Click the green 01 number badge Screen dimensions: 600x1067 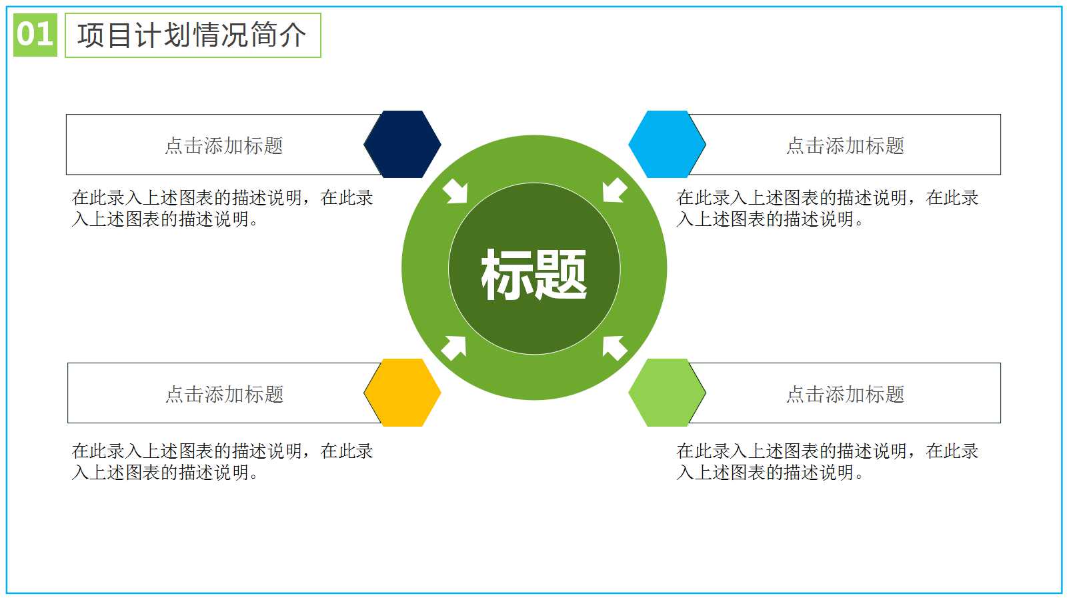tap(35, 35)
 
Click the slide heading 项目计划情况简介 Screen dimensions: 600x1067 tap(192, 35)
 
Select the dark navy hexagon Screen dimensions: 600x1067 tap(402, 144)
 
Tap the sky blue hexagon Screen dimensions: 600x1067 tap(667, 144)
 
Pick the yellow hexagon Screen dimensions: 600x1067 tap(402, 393)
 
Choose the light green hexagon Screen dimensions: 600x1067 tap(667, 393)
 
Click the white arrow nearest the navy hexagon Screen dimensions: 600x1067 tap(456, 191)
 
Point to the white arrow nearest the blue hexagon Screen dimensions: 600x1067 tap(614, 191)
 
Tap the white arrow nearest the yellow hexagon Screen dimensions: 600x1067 tap(454, 347)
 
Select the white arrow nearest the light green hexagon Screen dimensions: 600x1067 tap(614, 347)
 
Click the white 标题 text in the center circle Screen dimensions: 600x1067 tap(533, 274)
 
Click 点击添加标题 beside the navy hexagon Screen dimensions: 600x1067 tap(224, 145)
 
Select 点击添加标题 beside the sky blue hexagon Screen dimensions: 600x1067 tap(845, 145)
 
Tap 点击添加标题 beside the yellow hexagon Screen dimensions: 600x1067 tap(224, 394)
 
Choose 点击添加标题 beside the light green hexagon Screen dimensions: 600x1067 tap(845, 394)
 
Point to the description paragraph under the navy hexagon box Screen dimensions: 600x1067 tap(222, 208)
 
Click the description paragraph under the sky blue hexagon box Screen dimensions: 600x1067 tap(827, 208)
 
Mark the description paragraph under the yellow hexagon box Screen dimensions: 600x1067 tap(222, 461)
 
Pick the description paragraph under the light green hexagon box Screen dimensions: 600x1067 tap(827, 461)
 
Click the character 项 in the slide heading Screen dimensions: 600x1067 tap(91, 35)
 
